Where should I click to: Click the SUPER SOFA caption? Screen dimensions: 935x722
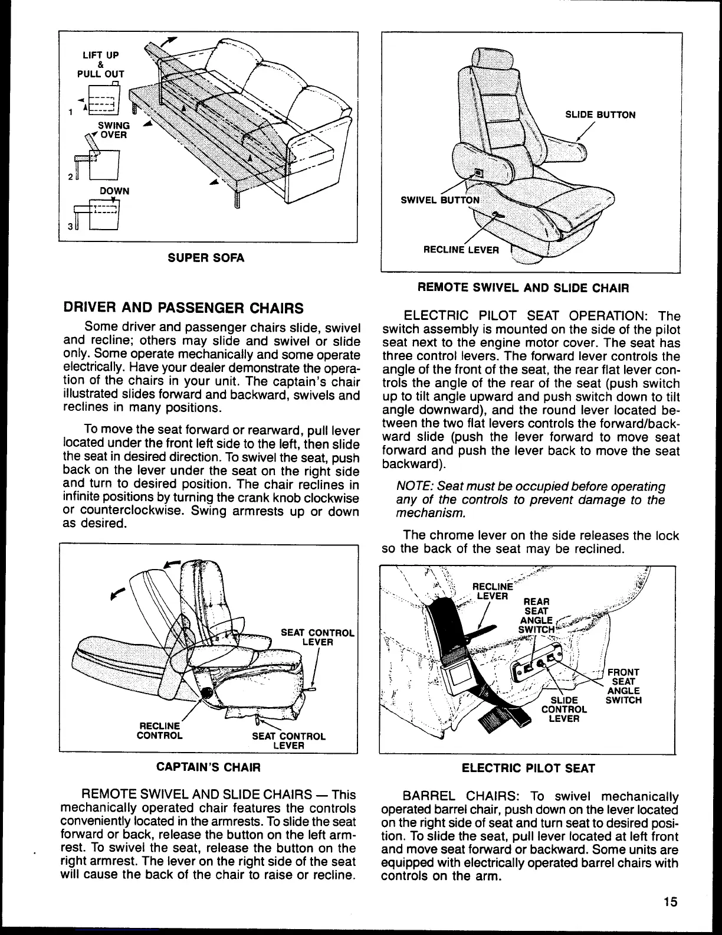(x=206, y=258)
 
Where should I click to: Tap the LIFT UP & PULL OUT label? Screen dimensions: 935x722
(x=100, y=64)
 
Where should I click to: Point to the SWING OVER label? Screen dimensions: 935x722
(x=112, y=130)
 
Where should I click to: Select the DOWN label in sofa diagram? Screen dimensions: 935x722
(x=114, y=191)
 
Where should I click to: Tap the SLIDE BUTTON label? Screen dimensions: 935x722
(x=600, y=115)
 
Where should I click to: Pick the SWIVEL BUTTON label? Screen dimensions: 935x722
(x=440, y=200)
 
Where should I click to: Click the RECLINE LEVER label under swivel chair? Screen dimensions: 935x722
(x=461, y=250)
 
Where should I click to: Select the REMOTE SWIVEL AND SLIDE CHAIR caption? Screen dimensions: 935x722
(x=523, y=288)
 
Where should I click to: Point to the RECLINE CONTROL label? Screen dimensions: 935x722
(x=159, y=731)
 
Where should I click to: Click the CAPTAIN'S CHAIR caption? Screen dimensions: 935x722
(x=208, y=767)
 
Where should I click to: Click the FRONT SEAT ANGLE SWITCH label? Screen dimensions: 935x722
(x=623, y=686)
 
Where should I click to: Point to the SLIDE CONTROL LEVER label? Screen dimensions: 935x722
(x=564, y=710)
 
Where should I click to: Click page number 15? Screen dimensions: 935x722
(x=670, y=901)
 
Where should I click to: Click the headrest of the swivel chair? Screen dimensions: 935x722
(x=490, y=59)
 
